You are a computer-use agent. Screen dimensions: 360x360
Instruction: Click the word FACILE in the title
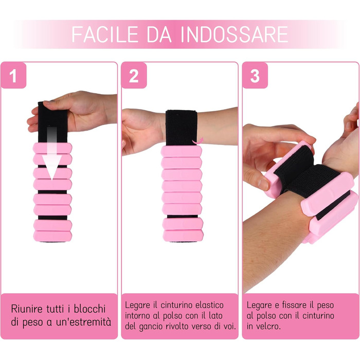pos(105,34)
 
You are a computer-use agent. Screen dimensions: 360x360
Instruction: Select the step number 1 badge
pos(13,76)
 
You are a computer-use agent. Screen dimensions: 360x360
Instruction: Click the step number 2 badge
pos(134,76)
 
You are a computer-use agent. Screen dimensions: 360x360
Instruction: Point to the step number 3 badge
pos(255,76)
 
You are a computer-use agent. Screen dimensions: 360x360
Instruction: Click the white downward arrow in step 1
pos(52,153)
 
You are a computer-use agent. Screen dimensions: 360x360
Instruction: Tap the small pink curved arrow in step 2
pos(198,141)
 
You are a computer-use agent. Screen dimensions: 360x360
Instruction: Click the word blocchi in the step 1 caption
pos(90,309)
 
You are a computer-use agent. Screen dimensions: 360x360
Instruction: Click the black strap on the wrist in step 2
pos(182,128)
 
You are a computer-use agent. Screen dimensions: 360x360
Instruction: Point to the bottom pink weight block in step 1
pos(52,236)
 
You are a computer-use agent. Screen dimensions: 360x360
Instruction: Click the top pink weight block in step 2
pos(182,151)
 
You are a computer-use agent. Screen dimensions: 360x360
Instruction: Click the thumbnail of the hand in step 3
pos(263,184)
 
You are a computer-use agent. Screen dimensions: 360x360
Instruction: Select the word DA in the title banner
pos(159,34)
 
